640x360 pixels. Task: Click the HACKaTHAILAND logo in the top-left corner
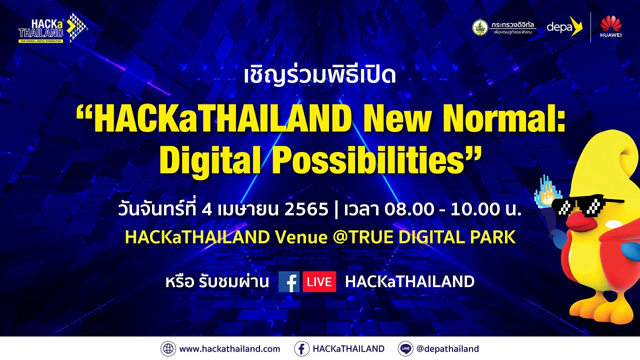53,28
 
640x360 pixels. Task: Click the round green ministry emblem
480,27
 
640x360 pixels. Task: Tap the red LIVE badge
319,282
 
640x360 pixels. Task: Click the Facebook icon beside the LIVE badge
289,282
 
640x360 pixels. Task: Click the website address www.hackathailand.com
229,349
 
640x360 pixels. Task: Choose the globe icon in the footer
168,349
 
